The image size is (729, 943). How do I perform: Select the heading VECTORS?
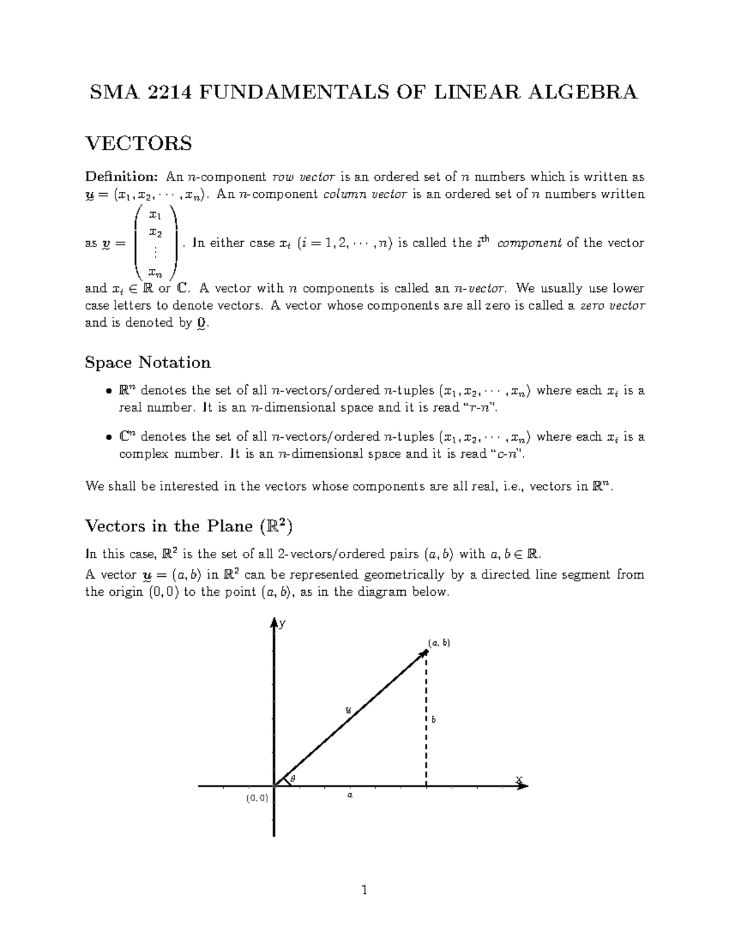(x=139, y=144)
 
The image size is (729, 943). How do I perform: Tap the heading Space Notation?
(x=148, y=363)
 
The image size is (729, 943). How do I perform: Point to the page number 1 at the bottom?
(x=364, y=891)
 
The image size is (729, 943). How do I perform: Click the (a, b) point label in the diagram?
(x=439, y=642)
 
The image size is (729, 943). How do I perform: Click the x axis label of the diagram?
(x=518, y=779)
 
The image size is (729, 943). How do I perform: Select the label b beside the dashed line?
(x=434, y=720)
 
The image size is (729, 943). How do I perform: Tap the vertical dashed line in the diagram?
(x=426, y=729)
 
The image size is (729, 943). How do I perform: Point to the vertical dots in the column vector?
(x=156, y=252)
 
